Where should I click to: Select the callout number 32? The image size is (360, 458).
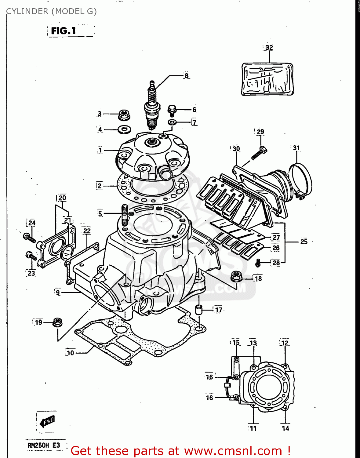tap(269, 48)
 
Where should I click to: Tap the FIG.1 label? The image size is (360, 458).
tap(64, 31)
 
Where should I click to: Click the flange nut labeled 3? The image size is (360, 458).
tap(123, 115)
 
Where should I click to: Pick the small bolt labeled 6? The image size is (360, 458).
tap(172, 110)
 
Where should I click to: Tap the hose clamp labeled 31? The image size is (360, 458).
tap(301, 180)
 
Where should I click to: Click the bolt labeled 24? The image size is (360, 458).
tap(29, 238)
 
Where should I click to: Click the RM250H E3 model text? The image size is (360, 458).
tap(44, 445)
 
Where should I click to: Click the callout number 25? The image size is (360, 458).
tap(304, 242)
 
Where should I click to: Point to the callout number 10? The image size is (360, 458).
tap(71, 353)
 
